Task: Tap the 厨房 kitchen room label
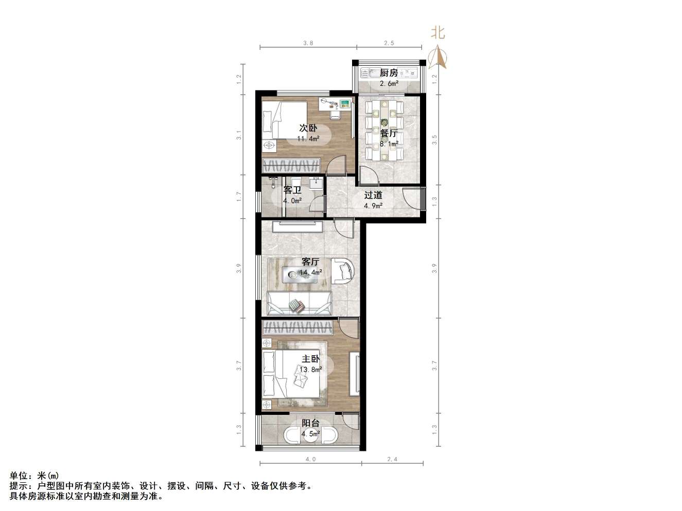point(389,73)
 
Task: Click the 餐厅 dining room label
point(389,133)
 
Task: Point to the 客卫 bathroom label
point(292,190)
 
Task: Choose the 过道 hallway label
point(373,195)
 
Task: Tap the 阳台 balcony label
point(310,423)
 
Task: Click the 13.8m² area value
point(311,369)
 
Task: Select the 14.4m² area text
point(311,272)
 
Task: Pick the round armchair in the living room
point(342,270)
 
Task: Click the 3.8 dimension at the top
point(308,43)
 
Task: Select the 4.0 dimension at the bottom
point(310,460)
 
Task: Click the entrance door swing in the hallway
point(412,198)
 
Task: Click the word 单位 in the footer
point(20,476)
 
